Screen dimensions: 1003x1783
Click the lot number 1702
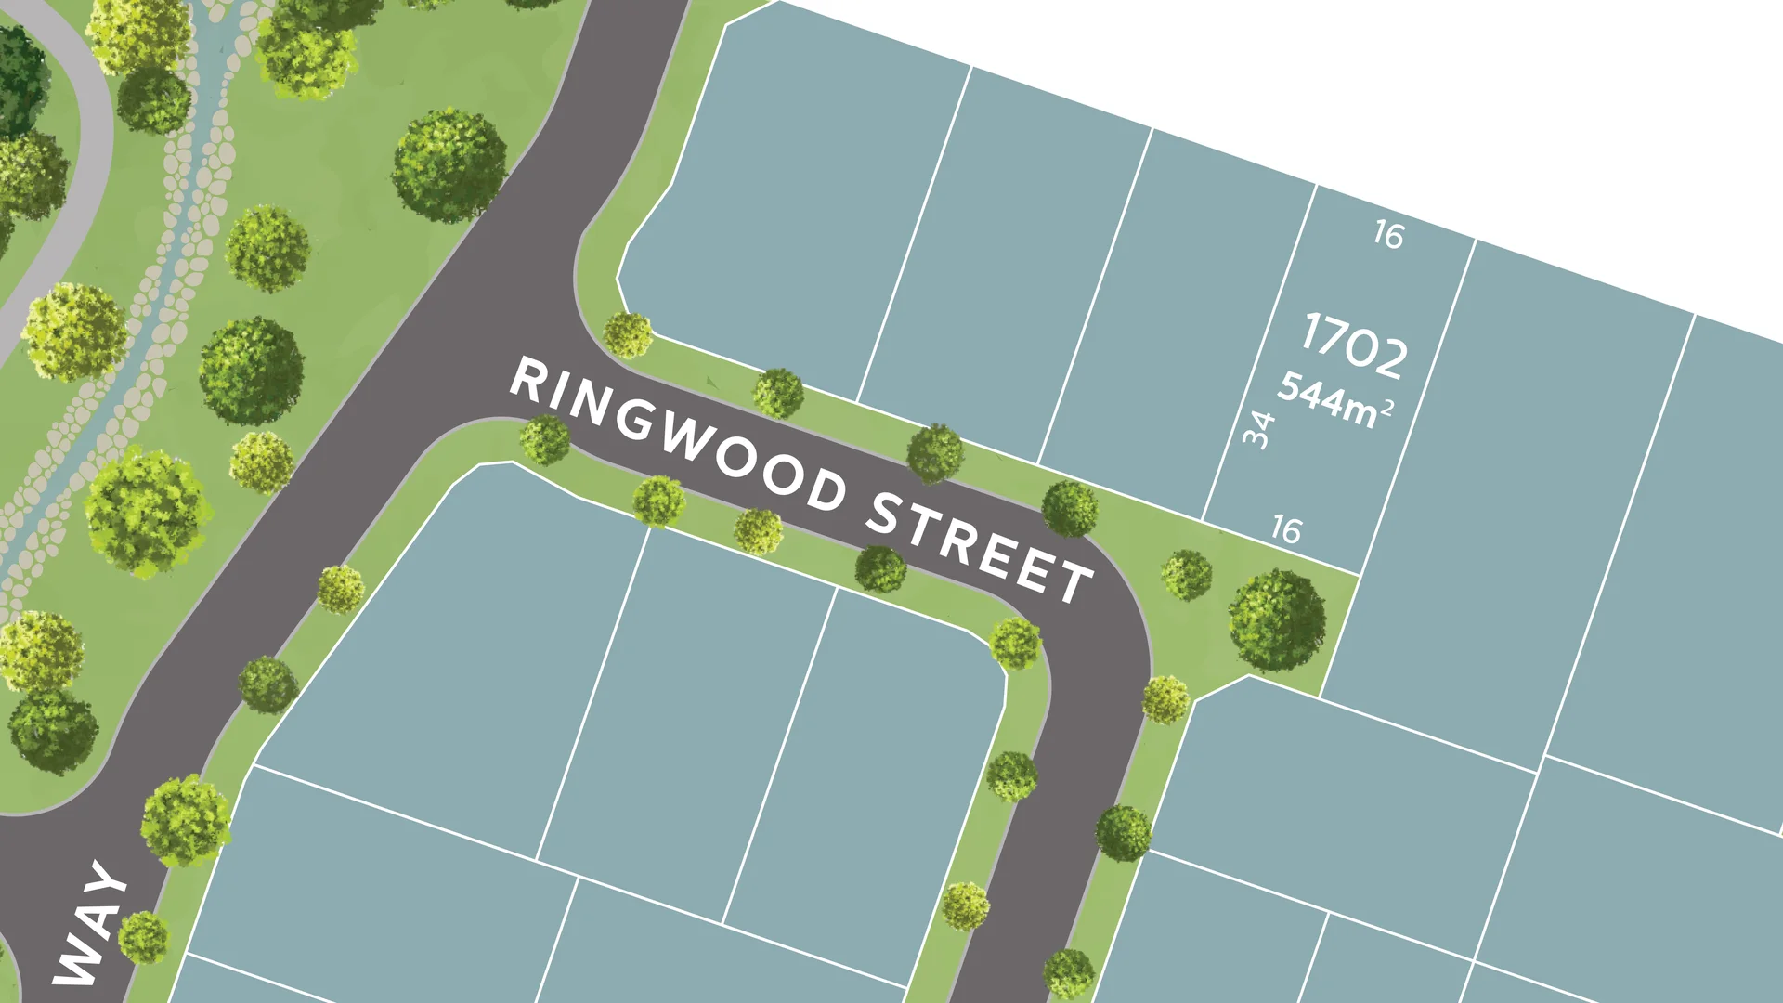[1354, 346]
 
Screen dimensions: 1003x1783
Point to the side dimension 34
[1258, 430]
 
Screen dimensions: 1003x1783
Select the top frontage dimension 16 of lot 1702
[1388, 235]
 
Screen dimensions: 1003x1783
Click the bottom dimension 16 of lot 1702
[1286, 529]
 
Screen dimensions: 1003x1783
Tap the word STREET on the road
[980, 548]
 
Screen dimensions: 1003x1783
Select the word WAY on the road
[90, 924]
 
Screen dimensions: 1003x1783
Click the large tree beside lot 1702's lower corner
[1277, 620]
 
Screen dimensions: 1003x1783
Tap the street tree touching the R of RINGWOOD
[545, 439]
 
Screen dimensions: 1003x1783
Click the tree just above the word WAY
[186, 821]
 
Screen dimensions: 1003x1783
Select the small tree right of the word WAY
[144, 937]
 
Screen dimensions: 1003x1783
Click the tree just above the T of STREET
[1069, 508]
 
